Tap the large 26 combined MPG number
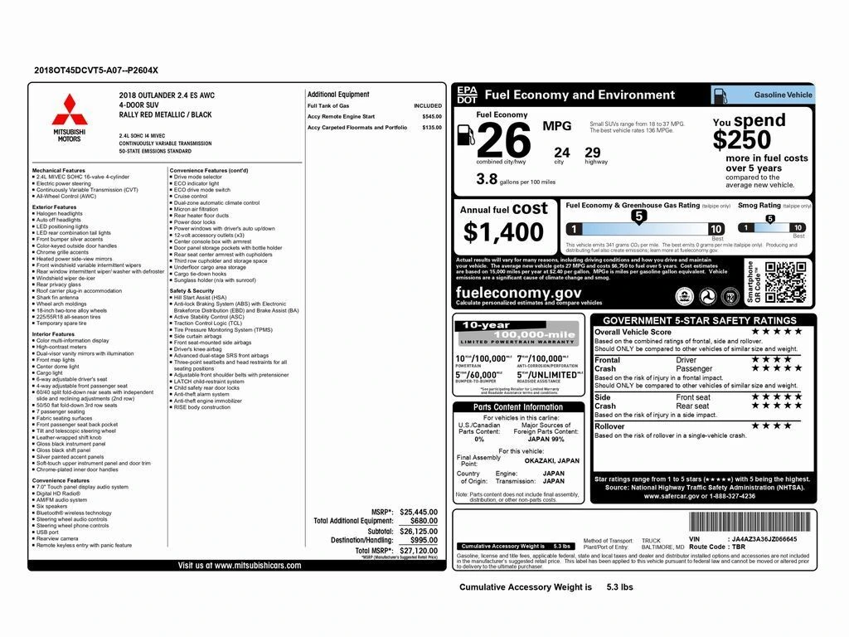[503, 141]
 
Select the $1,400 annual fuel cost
[504, 232]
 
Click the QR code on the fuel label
[784, 282]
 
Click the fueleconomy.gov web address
[518, 293]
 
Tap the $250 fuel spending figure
[742, 139]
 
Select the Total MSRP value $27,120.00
[418, 550]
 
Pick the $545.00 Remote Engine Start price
[432, 117]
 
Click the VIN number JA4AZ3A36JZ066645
[765, 538]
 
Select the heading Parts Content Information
[517, 407]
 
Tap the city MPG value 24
[562, 152]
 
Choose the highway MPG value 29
[592, 152]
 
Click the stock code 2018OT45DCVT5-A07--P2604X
[96, 71]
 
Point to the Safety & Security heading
[192, 291]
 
